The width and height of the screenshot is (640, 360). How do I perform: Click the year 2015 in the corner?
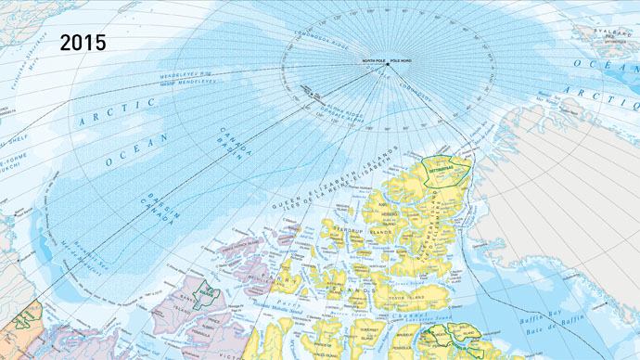click(84, 42)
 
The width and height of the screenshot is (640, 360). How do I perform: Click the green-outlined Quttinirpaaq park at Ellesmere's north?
click(444, 170)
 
